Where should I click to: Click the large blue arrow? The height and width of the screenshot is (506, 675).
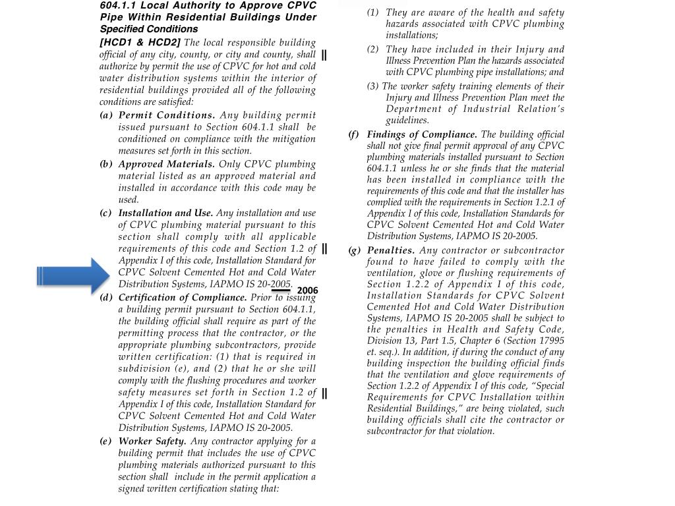pos(73,275)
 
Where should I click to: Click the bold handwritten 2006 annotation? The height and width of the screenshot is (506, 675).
pos(307,291)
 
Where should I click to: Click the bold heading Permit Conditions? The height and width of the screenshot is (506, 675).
pos(167,115)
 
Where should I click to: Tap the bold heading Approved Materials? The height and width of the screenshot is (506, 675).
pos(167,164)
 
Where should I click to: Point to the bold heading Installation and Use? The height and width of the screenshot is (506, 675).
pos(165,213)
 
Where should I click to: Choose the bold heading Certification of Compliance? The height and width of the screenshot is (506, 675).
pos(183,297)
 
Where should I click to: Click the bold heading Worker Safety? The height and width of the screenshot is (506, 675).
pos(152,441)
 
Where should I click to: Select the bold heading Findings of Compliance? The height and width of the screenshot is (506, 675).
pos(422,134)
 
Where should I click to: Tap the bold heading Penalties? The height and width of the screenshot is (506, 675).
pos(391,250)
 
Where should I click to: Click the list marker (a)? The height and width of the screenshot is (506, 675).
pos(105,115)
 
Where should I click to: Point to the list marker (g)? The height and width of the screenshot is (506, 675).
pos(355,250)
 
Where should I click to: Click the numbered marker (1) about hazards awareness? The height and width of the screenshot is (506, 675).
pos(373,13)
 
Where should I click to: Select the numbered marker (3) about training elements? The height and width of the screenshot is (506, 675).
pos(373,86)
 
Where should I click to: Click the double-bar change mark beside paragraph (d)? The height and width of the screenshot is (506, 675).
pos(325,393)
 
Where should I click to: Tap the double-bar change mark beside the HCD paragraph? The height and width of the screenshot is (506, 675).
pos(324,55)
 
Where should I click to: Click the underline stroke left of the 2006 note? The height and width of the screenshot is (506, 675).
pos(281,290)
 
